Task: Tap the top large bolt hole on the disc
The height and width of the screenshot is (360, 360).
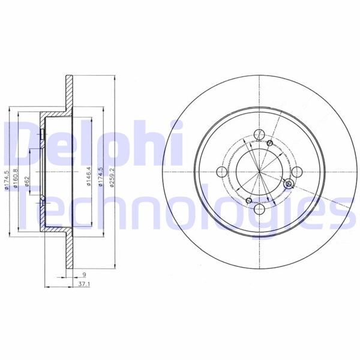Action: [259, 135]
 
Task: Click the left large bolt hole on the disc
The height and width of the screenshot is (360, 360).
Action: [221, 172]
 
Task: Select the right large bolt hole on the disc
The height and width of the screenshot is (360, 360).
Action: [296, 172]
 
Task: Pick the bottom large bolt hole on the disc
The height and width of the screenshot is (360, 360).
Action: [259, 209]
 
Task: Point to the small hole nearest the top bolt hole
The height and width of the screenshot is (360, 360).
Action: [269, 143]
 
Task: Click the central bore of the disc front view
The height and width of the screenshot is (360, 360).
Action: [259, 172]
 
